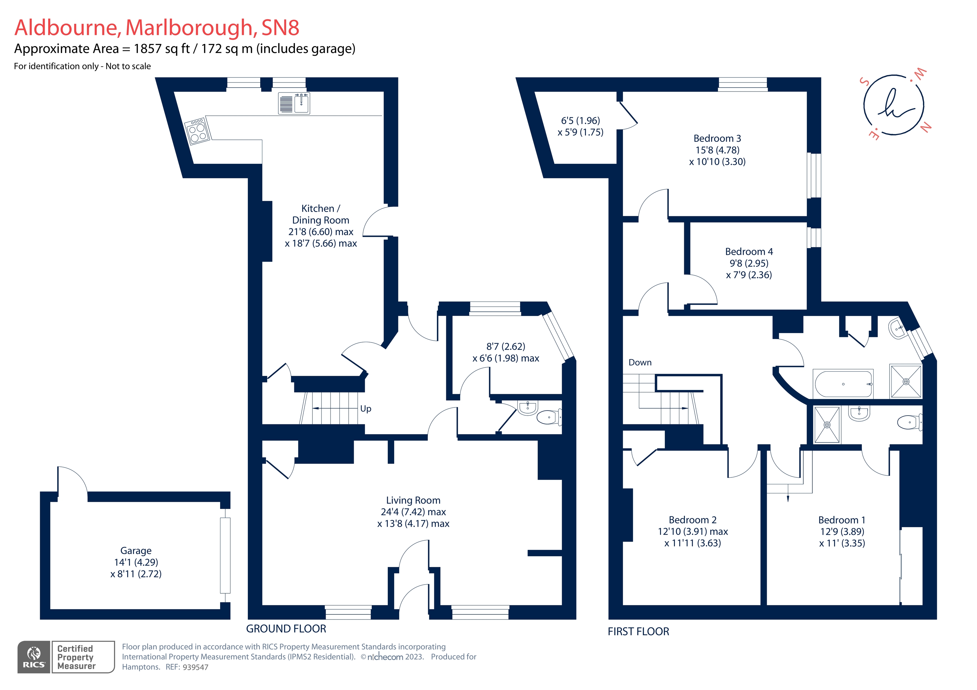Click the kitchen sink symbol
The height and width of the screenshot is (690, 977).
[x=294, y=103]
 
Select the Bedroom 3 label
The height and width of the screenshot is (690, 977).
[x=717, y=139]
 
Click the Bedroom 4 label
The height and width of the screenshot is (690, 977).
[x=749, y=252]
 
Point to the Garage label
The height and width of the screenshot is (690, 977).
[x=136, y=551]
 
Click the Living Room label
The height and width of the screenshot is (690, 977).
[x=413, y=500]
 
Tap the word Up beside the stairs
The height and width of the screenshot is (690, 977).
[x=365, y=409]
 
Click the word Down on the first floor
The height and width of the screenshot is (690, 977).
[x=640, y=363]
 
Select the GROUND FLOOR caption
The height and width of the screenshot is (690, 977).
[x=286, y=629]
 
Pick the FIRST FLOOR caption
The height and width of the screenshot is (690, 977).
[x=638, y=632]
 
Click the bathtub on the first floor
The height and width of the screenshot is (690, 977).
[x=843, y=384]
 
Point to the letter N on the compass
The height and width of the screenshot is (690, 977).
[x=925, y=127]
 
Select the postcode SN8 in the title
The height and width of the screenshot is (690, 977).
[x=280, y=28]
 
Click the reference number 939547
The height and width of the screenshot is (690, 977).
[x=195, y=667]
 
